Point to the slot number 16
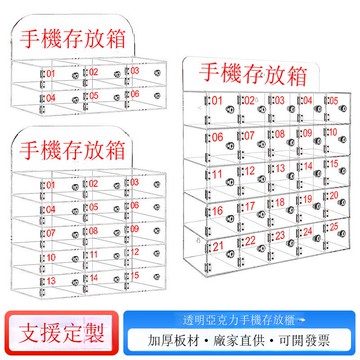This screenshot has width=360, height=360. coord(217,211)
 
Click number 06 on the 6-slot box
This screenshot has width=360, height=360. coord(133,96)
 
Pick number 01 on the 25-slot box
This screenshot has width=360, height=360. coord(217,100)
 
